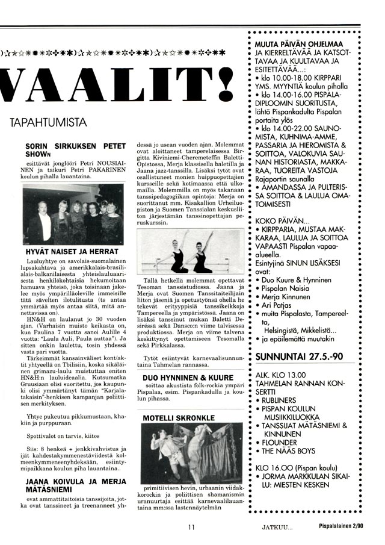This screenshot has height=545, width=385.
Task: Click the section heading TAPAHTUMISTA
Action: (48, 123)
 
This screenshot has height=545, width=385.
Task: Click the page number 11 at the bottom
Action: (191, 528)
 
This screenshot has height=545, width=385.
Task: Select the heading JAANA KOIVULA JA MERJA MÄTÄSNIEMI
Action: (75, 485)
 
